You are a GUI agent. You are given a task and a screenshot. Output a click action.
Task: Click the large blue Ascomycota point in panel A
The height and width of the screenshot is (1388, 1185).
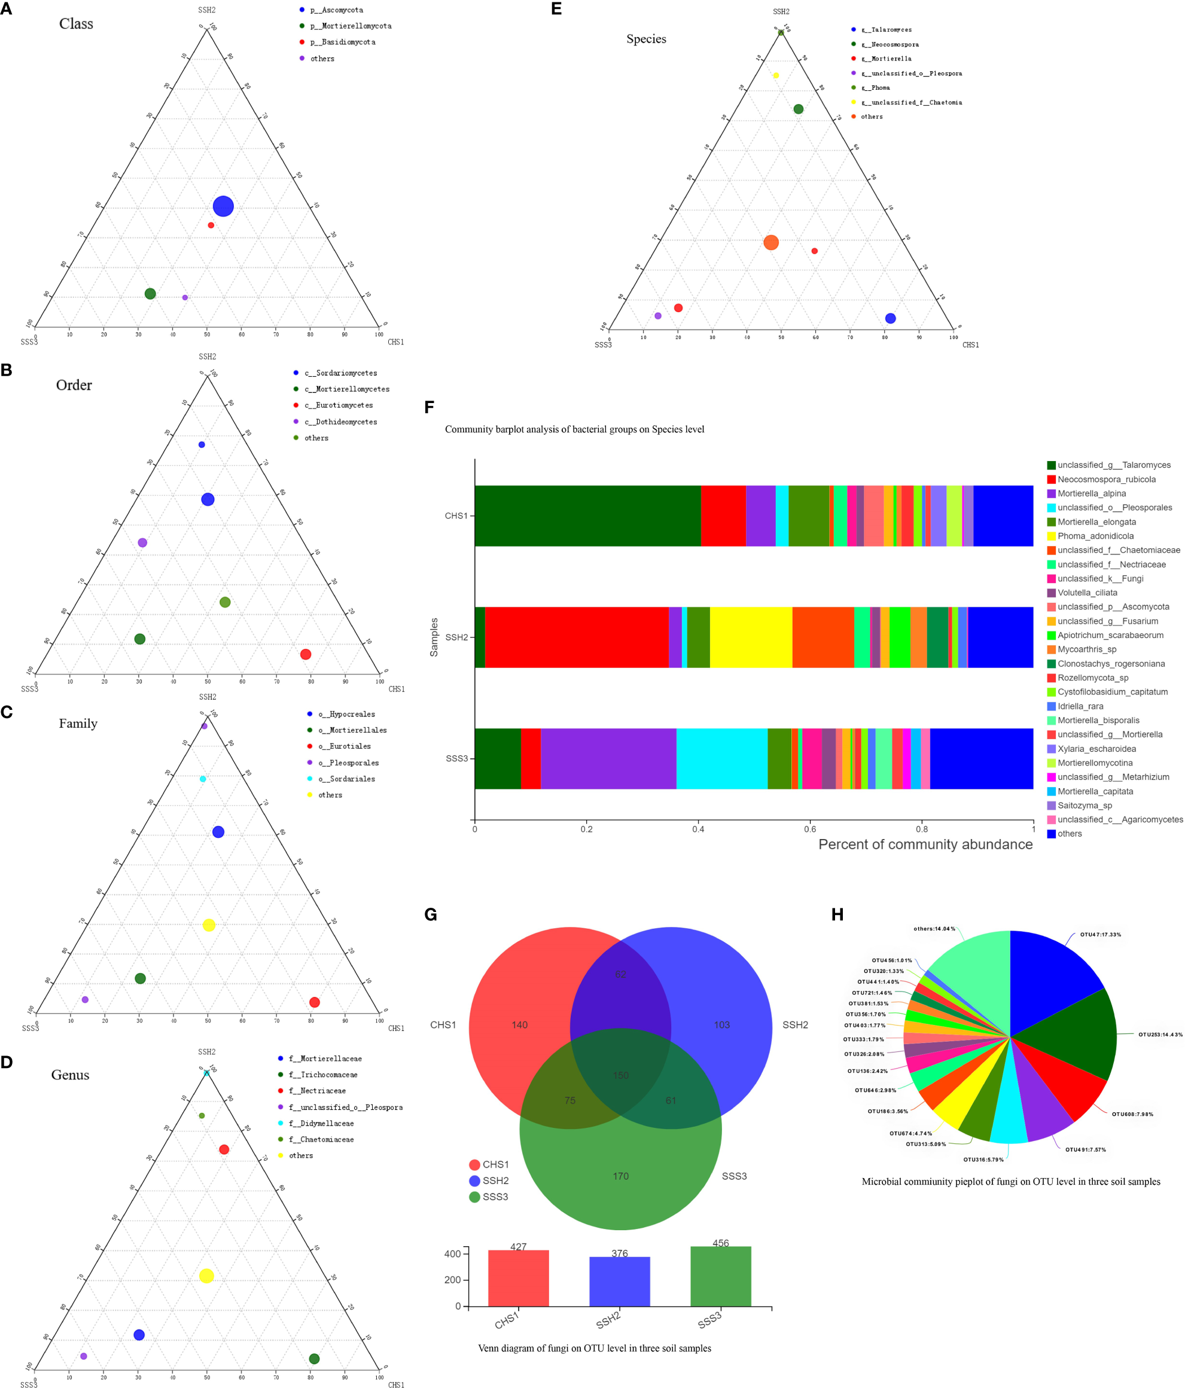tap(223, 206)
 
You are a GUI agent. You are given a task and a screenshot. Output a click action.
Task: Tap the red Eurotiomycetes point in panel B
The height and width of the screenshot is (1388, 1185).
tap(306, 654)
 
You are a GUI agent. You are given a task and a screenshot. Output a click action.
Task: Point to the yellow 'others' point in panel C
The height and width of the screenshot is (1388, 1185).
tap(209, 925)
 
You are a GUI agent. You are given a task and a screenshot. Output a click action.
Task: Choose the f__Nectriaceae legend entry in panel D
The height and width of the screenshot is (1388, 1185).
tap(316, 1091)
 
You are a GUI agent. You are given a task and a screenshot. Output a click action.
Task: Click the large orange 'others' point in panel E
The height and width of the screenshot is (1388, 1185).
tap(771, 243)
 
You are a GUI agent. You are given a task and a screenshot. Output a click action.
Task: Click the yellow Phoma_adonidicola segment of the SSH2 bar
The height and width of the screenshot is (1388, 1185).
tap(751, 637)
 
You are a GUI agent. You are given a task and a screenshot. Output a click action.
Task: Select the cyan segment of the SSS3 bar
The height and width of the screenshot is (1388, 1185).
tap(721, 758)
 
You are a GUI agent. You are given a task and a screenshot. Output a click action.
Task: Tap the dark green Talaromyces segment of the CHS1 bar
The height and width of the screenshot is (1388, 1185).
tap(587, 516)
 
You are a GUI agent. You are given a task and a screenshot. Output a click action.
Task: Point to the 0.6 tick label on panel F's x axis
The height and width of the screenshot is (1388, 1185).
tap(810, 829)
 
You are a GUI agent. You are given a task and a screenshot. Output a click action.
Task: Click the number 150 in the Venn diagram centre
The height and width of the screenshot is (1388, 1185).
tap(621, 1076)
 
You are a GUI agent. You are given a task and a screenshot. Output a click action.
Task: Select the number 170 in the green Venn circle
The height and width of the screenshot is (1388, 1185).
tap(621, 1176)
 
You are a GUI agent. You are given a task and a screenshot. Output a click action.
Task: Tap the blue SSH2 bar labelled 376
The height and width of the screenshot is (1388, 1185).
tap(619, 1281)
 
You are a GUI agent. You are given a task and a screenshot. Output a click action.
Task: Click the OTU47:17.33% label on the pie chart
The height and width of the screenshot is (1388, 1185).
tap(1100, 935)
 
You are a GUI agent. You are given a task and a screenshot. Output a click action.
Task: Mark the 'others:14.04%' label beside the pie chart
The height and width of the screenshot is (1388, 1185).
tap(934, 929)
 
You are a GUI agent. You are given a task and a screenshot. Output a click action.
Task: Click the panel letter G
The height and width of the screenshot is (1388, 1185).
tap(431, 915)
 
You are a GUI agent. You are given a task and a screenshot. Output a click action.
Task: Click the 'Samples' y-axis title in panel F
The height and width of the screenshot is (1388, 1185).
tap(434, 637)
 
